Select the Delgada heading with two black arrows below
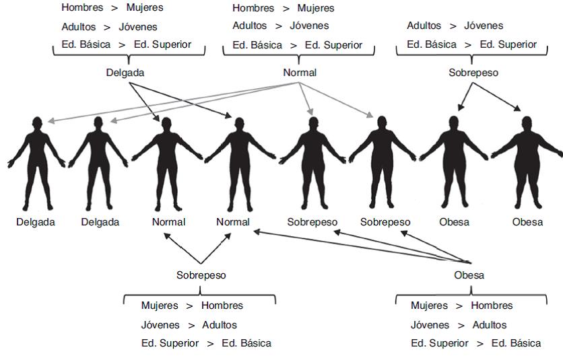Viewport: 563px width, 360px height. click(125, 73)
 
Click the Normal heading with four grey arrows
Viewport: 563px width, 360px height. click(300, 73)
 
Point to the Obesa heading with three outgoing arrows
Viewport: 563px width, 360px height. click(469, 275)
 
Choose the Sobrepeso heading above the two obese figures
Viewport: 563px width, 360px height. click(473, 73)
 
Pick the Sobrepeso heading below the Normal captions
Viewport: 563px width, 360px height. click(201, 275)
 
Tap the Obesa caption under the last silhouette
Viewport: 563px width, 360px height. click(527, 222)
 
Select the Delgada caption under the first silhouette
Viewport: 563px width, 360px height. click(36, 222)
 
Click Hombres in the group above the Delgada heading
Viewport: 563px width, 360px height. click(81, 8)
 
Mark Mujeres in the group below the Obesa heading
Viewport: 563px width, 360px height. click(429, 305)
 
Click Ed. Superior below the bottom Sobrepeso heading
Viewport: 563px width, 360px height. click(170, 343)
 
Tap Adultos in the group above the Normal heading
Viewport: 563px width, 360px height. click(250, 26)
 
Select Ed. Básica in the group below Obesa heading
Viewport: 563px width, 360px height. click(516, 343)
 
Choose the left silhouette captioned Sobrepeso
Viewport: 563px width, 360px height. click(312, 165)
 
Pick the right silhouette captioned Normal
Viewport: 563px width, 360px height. click(238, 165)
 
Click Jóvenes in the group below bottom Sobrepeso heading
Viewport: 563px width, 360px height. click(160, 324)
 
